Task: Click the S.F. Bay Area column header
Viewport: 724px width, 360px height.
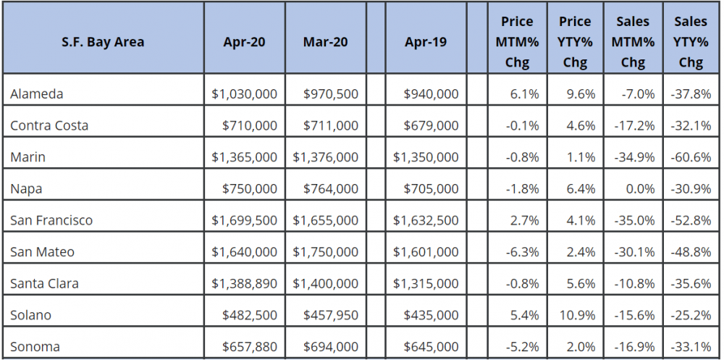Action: pyautogui.click(x=103, y=42)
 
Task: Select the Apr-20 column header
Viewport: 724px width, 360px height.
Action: pyautogui.click(x=244, y=42)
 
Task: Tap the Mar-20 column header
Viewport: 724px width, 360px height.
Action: pyautogui.click(x=325, y=42)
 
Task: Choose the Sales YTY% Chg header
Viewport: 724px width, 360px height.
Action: pyautogui.click(x=691, y=42)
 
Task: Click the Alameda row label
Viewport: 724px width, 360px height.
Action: pyautogui.click(x=37, y=93)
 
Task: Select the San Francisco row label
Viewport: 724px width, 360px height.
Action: pyautogui.click(x=51, y=220)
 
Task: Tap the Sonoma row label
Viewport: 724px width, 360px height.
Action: pyautogui.click(x=36, y=347)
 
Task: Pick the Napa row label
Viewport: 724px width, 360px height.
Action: pyautogui.click(x=26, y=189)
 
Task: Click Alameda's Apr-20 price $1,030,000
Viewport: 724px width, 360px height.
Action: pyautogui.click(x=245, y=93)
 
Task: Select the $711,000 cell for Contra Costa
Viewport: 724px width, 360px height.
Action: pyautogui.click(x=330, y=125)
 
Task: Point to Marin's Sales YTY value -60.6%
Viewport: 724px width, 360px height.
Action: pyautogui.click(x=691, y=157)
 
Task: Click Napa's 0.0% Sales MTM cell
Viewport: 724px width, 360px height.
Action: pyautogui.click(x=639, y=189)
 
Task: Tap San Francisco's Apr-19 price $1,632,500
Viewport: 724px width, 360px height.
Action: pyautogui.click(x=426, y=220)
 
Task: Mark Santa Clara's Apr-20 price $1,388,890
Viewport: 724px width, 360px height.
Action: pyautogui.click(x=245, y=284)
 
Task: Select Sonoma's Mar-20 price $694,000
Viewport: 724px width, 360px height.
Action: pyautogui.click(x=330, y=347)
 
